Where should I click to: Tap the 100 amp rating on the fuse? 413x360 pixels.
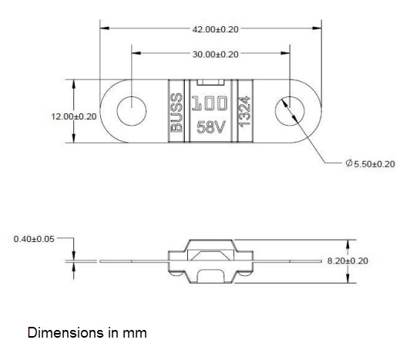click(210, 103)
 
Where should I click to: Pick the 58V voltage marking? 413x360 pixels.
click(210, 127)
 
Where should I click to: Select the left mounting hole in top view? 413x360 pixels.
click(132, 112)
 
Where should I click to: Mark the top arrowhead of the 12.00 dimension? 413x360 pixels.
click(74, 83)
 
